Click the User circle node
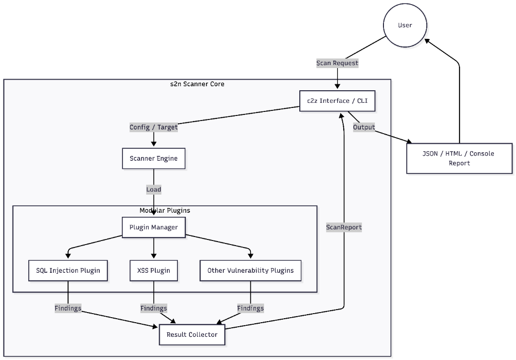point(405,25)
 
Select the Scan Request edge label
point(337,63)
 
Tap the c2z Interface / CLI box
point(337,101)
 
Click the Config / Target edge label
point(154,127)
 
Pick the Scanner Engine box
point(154,158)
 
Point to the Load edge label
point(154,190)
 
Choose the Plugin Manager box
point(154,227)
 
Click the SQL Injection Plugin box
point(68,270)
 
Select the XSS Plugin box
point(154,270)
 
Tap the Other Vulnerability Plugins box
point(250,270)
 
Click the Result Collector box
point(192,334)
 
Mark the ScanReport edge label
point(344,227)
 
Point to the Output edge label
point(364,127)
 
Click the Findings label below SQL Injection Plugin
point(68,308)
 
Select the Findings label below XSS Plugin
point(154,308)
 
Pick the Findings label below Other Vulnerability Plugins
point(250,308)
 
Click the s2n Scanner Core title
point(197,84)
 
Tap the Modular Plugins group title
point(165,210)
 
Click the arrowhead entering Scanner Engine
point(154,144)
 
